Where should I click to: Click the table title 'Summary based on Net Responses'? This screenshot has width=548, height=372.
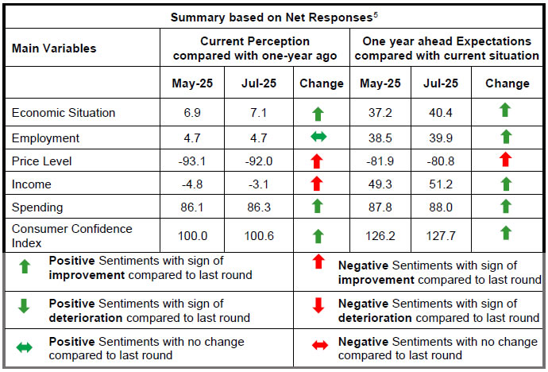pyautogui.click(x=274, y=17)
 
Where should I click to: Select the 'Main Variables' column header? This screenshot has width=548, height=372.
pyautogui.click(x=54, y=48)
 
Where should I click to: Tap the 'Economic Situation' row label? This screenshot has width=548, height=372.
pyautogui.click(x=63, y=113)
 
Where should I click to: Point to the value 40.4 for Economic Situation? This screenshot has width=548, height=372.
pyautogui.click(x=440, y=113)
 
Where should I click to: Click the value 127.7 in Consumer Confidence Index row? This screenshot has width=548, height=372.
pyautogui.click(x=440, y=234)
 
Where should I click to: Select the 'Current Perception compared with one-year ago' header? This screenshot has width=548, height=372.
pyautogui.click(x=255, y=48)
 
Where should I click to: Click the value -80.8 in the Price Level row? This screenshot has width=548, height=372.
pyautogui.click(x=440, y=161)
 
